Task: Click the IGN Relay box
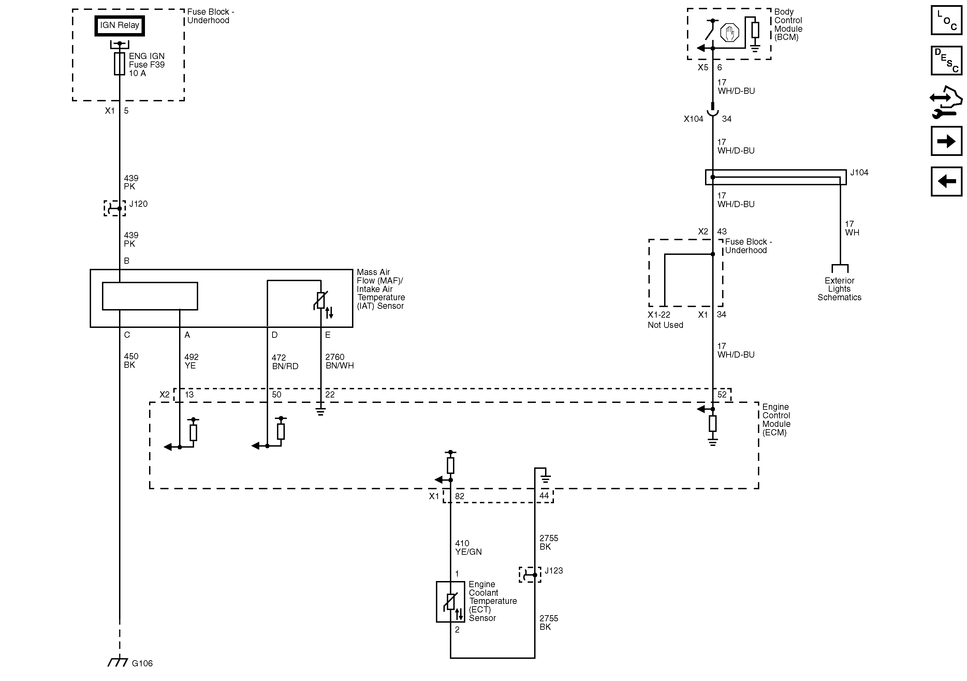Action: tap(120, 26)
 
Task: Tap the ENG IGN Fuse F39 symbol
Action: tap(120, 64)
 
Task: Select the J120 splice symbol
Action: tap(115, 208)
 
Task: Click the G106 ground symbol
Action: tap(118, 663)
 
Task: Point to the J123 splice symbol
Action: tap(530, 575)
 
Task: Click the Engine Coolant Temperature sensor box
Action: tap(450, 602)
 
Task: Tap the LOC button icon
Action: tap(946, 20)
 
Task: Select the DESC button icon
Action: tap(946, 61)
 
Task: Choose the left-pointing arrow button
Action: tap(946, 182)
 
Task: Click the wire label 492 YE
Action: tap(191, 361)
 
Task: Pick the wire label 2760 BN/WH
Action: tap(339, 361)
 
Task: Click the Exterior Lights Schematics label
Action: tap(839, 289)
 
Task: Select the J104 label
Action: tap(859, 173)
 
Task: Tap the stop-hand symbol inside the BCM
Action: tap(730, 33)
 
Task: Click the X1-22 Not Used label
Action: tap(665, 320)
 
